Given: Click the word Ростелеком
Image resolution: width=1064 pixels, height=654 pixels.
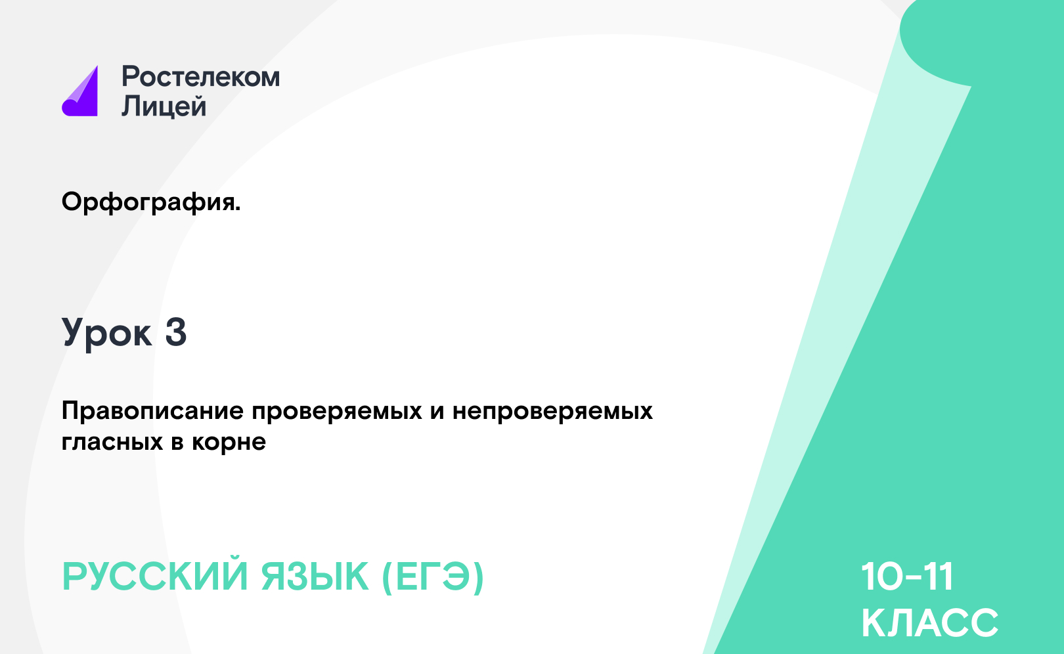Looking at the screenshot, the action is coord(201,77).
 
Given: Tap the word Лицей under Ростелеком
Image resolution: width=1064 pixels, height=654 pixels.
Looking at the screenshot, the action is coord(164,106).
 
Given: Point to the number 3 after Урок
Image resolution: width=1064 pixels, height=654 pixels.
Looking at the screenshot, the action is coord(176,332).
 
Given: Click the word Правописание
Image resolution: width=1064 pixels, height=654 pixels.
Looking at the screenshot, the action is coord(152,411).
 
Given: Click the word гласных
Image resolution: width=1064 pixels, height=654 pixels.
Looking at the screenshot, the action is coord(112,443).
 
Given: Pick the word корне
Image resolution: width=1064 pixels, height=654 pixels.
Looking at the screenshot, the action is coord(229,443).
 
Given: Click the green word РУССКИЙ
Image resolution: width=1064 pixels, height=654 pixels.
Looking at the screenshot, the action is coord(155,577).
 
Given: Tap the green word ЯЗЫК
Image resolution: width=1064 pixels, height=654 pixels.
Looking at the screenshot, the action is coord(315,577).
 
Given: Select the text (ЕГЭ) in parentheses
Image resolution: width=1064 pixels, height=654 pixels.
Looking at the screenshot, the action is coord(433,577).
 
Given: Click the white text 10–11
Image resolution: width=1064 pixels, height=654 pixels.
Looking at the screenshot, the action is coord(907,577).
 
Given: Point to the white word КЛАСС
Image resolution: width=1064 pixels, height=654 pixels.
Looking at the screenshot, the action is coord(929,622).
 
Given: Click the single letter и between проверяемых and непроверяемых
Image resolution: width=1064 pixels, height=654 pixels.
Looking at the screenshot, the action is coord(437,412).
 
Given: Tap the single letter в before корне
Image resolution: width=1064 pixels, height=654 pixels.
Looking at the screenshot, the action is coord(177,443).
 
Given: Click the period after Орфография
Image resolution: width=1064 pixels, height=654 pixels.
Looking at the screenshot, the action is coord(238,209).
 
